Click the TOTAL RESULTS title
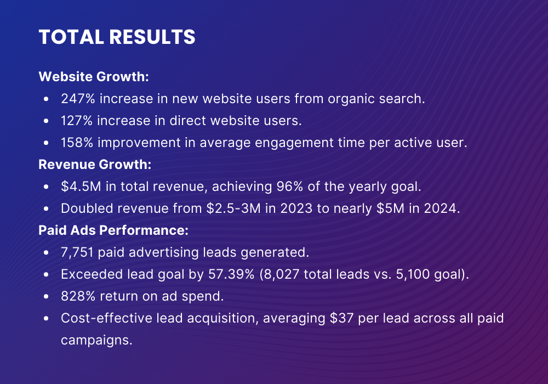117,37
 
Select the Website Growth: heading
94,77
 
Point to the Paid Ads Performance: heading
113,230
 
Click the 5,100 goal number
415,274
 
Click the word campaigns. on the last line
96,339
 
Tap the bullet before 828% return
47,296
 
